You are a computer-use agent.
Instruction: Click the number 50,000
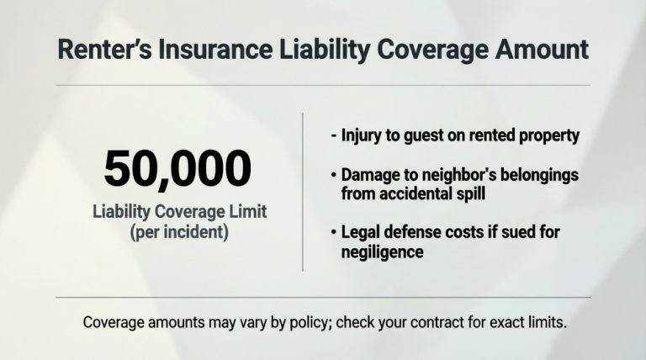177,169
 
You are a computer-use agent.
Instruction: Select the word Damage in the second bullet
368,175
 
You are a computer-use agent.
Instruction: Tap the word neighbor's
451,175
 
